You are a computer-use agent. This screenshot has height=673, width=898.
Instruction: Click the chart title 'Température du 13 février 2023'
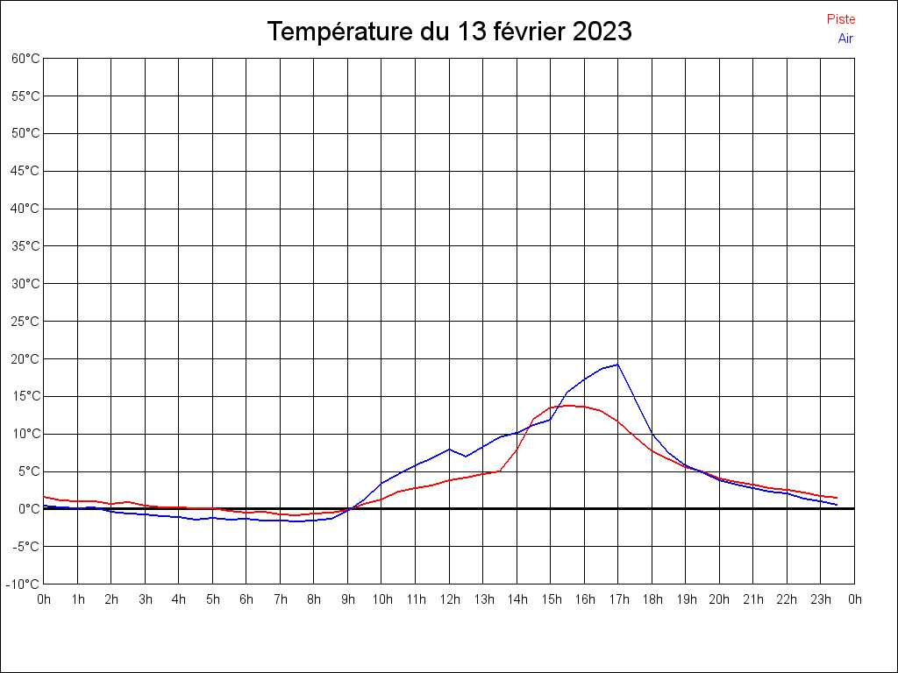449,32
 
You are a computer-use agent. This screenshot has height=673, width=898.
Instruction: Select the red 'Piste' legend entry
840,19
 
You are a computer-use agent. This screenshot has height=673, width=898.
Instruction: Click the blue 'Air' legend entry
845,38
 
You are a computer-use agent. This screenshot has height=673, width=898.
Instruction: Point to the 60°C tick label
25,59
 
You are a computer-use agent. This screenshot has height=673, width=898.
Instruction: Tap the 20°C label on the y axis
25,358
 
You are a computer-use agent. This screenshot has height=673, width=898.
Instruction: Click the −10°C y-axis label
23,584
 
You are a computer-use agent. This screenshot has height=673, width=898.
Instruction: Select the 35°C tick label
25,246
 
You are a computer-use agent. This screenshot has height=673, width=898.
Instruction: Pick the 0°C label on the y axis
28,508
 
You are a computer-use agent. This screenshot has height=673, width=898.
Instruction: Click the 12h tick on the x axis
449,599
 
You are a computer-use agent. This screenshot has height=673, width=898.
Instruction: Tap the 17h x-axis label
618,599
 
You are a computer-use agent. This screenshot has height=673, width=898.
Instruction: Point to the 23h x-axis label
821,599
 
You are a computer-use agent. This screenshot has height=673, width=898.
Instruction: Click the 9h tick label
348,599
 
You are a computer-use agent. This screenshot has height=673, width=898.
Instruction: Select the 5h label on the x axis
213,599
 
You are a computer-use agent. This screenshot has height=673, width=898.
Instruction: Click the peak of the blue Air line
617,365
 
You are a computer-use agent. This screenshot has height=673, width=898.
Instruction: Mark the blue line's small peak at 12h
449,450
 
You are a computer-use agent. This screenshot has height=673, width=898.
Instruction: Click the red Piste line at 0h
45,497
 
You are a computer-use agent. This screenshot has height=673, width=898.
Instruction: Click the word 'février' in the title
530,32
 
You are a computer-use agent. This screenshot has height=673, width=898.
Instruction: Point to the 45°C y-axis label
25,171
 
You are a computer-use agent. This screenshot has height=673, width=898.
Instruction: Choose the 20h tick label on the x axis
719,599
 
